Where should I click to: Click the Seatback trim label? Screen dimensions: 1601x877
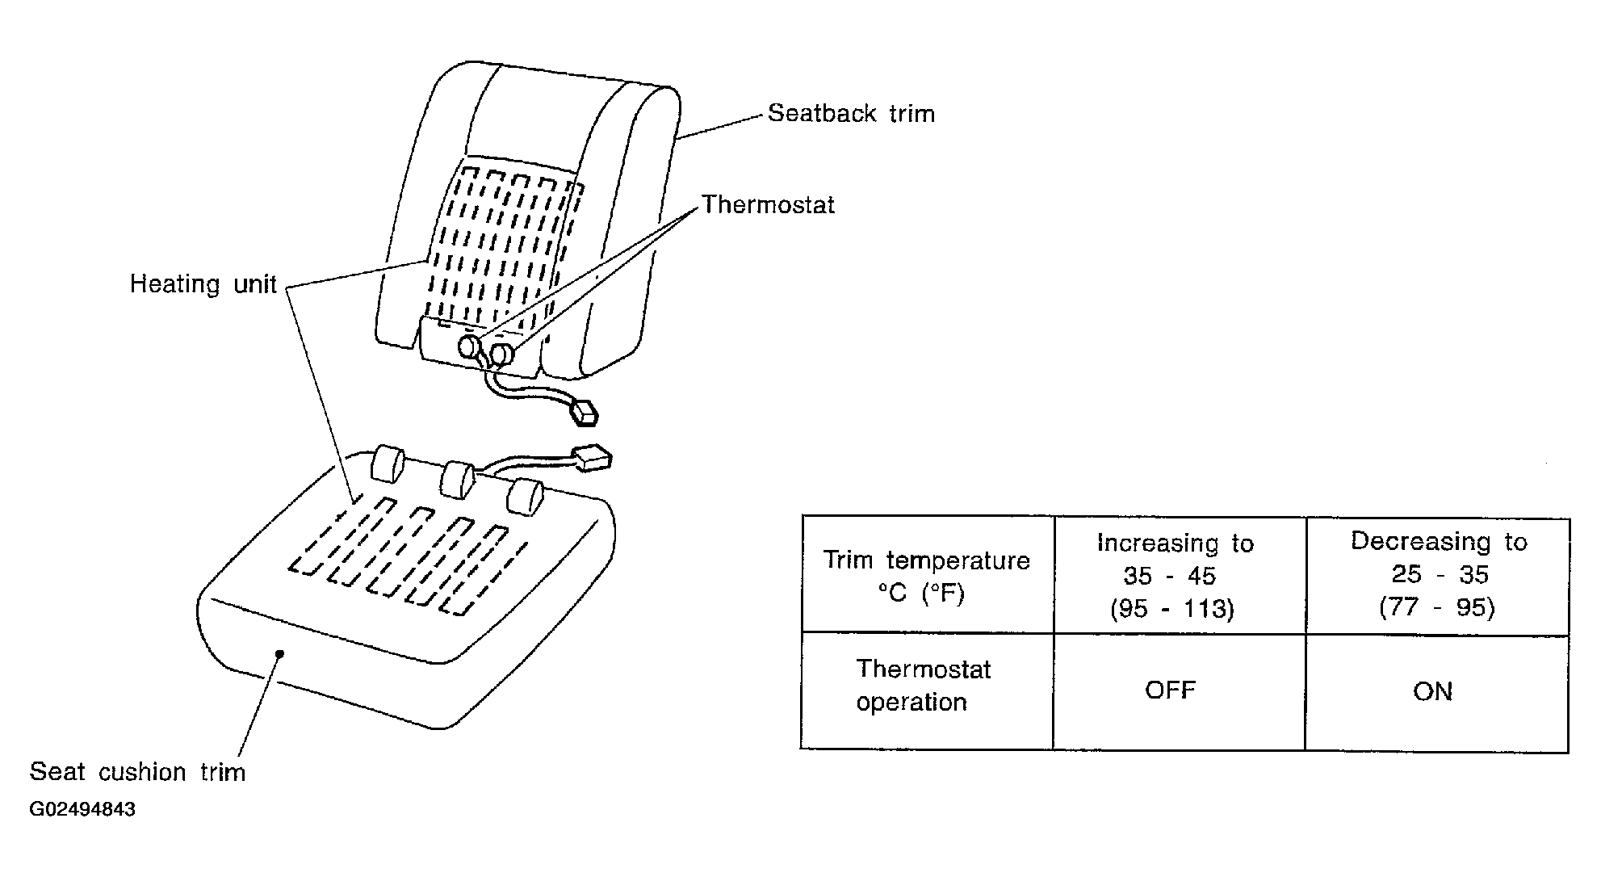(x=851, y=113)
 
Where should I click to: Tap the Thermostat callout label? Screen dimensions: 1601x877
(x=768, y=204)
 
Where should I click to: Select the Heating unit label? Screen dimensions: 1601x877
(x=203, y=284)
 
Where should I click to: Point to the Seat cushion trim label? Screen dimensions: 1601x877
(x=137, y=772)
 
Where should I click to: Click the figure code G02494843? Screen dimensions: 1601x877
(x=82, y=809)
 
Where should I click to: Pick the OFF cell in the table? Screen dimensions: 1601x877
(x=1171, y=690)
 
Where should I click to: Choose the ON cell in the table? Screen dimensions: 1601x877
(x=1433, y=691)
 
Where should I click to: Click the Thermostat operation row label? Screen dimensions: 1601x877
(x=924, y=686)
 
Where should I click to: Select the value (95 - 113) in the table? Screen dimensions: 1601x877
(x=1172, y=608)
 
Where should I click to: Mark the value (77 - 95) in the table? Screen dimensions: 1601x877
(x=1437, y=606)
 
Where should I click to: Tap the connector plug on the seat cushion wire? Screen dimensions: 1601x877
(x=591, y=458)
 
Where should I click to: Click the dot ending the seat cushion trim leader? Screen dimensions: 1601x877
(x=279, y=654)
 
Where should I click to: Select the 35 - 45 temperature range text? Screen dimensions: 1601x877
(x=1170, y=576)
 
